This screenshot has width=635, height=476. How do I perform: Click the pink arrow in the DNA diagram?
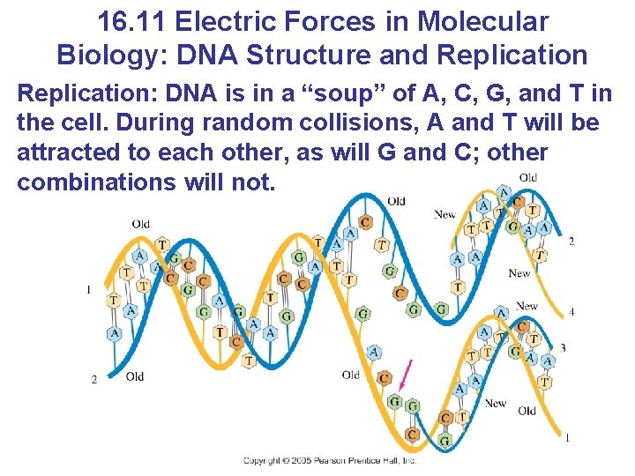tap(405, 375)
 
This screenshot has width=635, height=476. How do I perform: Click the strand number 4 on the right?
tap(572, 312)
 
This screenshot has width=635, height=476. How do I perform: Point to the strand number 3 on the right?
tap(564, 348)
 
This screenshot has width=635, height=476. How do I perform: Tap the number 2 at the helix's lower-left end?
tap(94, 380)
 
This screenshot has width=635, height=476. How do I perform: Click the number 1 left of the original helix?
tap(89, 289)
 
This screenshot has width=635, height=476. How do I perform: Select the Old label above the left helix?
tap(141, 224)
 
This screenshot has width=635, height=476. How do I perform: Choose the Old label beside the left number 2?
tap(135, 377)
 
